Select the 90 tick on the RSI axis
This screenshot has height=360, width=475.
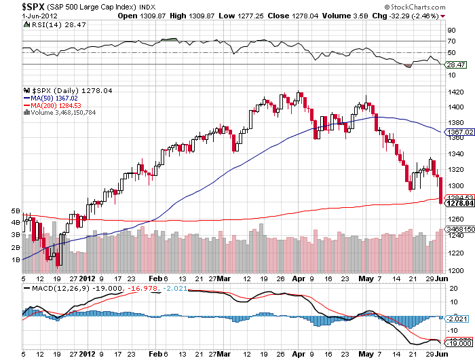click(x=451, y=31)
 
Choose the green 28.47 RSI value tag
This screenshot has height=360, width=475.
click(x=454, y=65)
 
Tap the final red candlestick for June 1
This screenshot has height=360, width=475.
click(x=442, y=190)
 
